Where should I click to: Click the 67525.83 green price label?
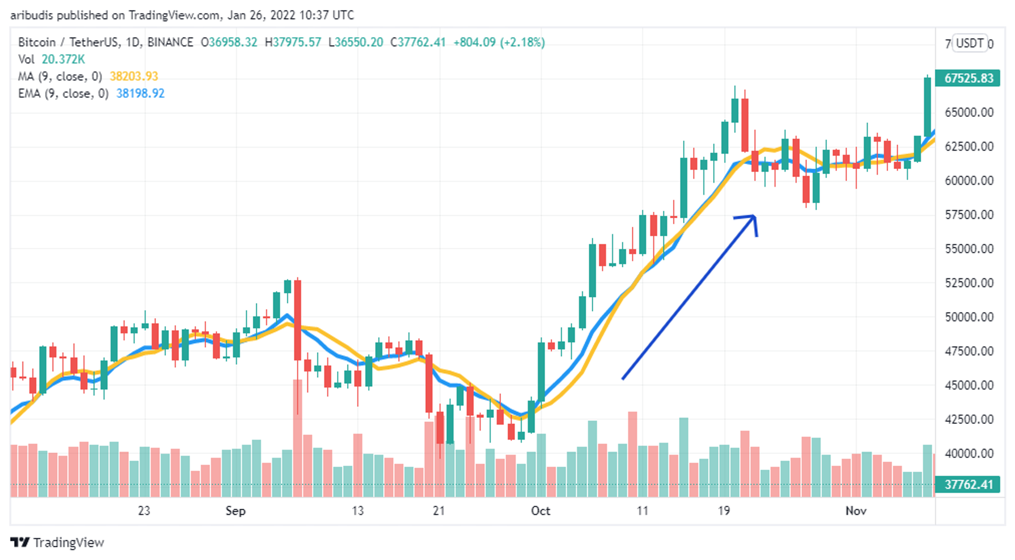click(x=968, y=78)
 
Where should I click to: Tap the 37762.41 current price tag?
click(x=968, y=484)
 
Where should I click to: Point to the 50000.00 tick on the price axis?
click(x=969, y=317)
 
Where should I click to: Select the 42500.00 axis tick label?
click(x=969, y=419)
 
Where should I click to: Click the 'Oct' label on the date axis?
click(x=540, y=511)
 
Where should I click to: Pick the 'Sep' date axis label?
click(x=235, y=511)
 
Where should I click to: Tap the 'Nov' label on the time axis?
click(x=856, y=511)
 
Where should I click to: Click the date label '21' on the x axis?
click(x=439, y=511)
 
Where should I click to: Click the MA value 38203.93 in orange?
click(x=134, y=76)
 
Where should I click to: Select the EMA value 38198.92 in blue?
click(x=141, y=93)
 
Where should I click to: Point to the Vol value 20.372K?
click(x=63, y=59)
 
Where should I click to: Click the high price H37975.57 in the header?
click(x=293, y=42)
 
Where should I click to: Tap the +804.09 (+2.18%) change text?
click(x=499, y=42)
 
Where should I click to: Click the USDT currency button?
click(x=970, y=43)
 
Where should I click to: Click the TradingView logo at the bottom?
click(x=57, y=542)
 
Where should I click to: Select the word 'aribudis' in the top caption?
click(x=31, y=15)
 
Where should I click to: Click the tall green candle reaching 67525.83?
click(x=927, y=107)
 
